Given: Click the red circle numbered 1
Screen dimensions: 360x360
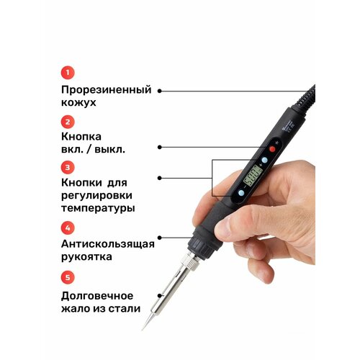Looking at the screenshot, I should [x=66, y=72].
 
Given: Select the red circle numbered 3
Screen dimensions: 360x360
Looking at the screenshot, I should [x=66, y=167].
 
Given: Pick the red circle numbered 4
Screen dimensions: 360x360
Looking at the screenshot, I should [x=66, y=228].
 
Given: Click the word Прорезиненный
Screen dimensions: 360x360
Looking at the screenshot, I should [x=106, y=90].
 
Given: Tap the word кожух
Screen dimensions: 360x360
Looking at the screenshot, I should [x=78, y=103].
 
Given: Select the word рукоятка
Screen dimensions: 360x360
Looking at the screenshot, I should [x=89, y=257].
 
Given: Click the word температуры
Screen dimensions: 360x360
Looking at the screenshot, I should [x=97, y=208].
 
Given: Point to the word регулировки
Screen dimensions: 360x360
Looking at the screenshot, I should [x=98, y=196].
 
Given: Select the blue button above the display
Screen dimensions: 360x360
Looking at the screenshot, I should [x=264, y=160].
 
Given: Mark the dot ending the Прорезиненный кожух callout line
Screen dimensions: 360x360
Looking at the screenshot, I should [x=159, y=91].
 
